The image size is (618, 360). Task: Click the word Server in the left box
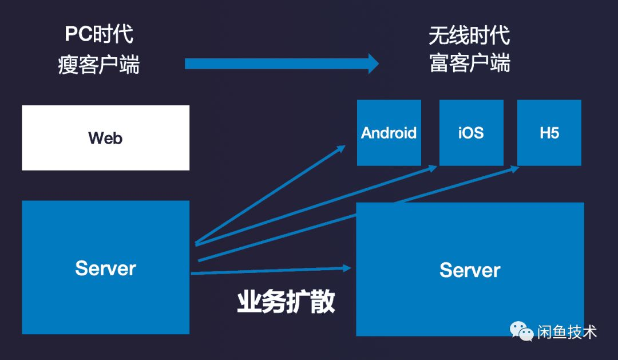[x=105, y=268]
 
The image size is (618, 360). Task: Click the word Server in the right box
[x=470, y=270]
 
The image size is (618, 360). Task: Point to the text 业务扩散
[x=286, y=302]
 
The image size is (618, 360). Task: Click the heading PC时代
[x=98, y=35]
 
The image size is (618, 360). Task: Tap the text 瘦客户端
[x=98, y=65]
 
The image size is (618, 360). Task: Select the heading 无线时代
[x=469, y=36]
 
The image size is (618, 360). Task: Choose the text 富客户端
[x=469, y=64]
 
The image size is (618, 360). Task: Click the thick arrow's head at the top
[x=373, y=64]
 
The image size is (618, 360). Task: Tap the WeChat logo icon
[x=521, y=330]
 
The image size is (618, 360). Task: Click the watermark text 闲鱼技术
[x=566, y=331]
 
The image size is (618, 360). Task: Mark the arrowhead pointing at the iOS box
[x=433, y=167]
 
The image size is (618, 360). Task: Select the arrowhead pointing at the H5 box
[x=515, y=168]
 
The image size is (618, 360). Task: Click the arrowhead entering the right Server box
[x=347, y=267]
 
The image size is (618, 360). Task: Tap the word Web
[x=105, y=138]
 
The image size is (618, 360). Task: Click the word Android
[x=389, y=133]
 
